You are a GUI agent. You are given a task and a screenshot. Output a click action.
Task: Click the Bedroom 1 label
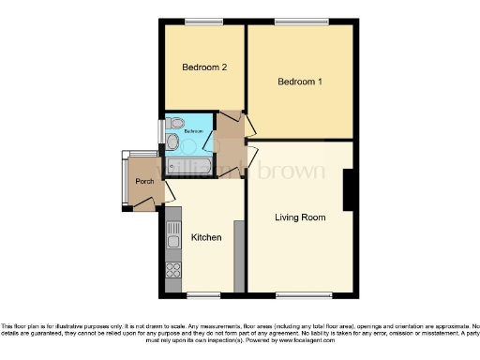300,82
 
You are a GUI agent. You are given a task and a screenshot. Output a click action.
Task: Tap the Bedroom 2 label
204,68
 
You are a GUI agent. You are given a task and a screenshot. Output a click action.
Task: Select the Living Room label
300,217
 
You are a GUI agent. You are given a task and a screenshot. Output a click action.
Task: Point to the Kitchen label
206,237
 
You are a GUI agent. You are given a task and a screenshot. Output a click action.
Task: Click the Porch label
144,181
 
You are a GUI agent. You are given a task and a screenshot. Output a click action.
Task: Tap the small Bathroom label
193,132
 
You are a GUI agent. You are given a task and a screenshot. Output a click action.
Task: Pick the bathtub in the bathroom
188,166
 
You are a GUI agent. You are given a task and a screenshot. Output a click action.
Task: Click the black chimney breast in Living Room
349,189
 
